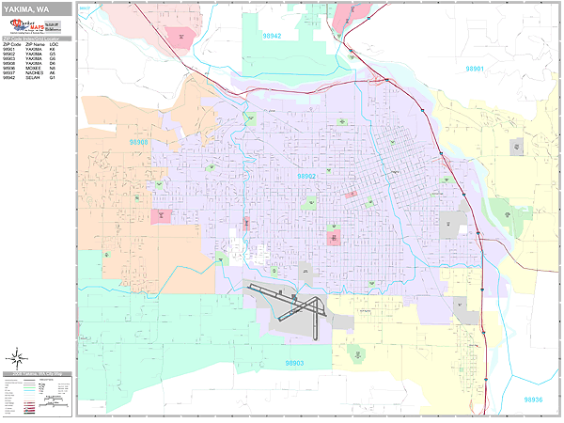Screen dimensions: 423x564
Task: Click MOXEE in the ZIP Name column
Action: (x=34, y=68)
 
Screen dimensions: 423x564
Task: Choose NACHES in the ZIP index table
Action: (x=35, y=72)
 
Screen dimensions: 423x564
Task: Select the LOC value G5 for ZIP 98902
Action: (x=53, y=54)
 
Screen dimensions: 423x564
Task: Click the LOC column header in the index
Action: (x=53, y=44)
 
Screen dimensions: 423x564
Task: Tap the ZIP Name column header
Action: (x=35, y=44)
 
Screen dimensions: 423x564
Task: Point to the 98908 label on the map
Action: (x=139, y=142)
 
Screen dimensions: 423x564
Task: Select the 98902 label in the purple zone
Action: (x=308, y=176)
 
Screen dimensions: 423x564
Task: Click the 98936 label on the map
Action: (x=533, y=399)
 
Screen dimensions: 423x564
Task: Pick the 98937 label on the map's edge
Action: (x=86, y=7)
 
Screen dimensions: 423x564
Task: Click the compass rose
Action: (x=16, y=357)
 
